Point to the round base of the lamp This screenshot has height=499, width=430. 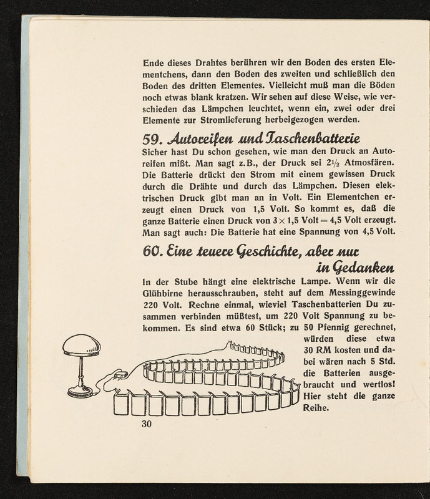point(79,391)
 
